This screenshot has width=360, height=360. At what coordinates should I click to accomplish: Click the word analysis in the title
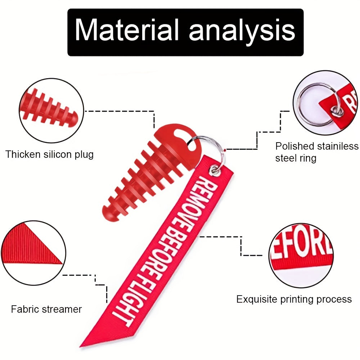point(242,31)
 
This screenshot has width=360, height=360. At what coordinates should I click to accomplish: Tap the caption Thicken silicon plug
point(49,155)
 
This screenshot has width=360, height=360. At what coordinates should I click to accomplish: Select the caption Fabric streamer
point(46,309)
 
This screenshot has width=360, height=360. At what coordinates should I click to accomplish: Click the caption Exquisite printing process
point(294,299)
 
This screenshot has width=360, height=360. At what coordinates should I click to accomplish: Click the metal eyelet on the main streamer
point(215,169)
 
